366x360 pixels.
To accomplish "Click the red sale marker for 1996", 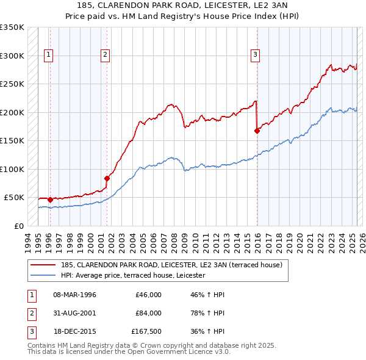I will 50,200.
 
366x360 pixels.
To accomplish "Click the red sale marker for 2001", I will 107,178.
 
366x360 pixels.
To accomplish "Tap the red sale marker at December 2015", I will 257,130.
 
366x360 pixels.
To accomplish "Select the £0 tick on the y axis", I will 20,226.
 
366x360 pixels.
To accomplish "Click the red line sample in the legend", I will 43,265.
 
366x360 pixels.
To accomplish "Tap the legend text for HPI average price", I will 133,275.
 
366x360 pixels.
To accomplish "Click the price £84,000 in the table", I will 148,313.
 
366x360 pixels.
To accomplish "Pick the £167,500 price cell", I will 146,331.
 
